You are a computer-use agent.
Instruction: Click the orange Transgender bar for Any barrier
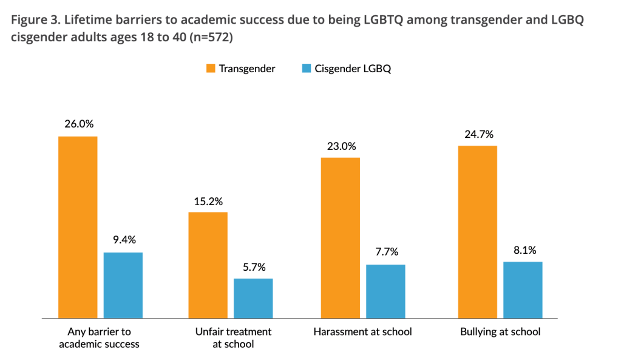point(78,227)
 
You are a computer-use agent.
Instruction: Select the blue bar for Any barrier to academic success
point(123,285)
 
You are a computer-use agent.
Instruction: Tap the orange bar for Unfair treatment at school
point(208,265)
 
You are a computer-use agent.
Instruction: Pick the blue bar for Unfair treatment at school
point(253,298)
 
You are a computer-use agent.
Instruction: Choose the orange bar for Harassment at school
point(340,237)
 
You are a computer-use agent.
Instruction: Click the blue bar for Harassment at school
point(385,291)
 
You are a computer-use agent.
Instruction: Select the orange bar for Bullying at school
point(478,232)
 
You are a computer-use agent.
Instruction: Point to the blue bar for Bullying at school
point(523,290)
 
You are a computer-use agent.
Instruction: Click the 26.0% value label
point(79,124)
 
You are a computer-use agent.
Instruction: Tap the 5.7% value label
point(254,267)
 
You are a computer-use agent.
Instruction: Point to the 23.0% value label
point(341,146)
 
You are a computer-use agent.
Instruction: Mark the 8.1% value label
point(523,250)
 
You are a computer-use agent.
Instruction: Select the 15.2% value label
point(208,200)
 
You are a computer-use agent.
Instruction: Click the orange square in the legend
point(209,69)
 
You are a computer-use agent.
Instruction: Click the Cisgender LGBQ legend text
point(353,69)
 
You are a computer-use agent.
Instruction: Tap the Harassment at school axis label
point(362,331)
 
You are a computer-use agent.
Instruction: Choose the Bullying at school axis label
point(500,331)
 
